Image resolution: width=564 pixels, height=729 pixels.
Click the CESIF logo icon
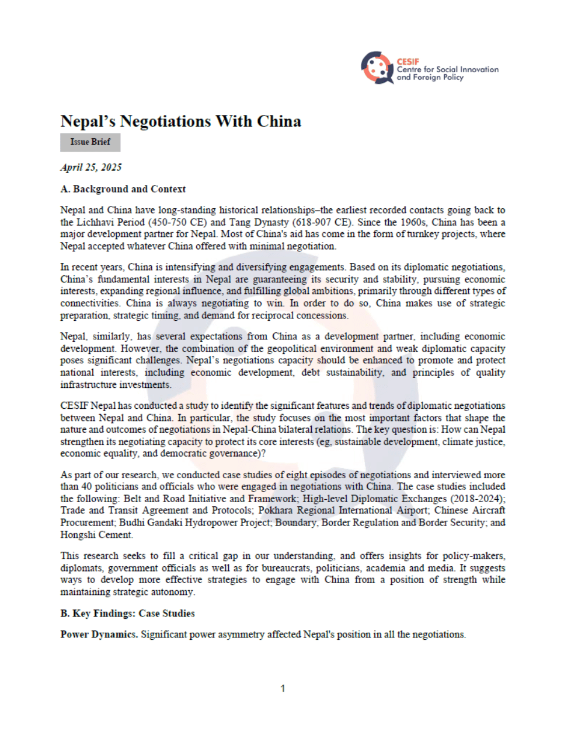coord(377,68)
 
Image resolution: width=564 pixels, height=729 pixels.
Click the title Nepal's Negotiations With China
coord(180,121)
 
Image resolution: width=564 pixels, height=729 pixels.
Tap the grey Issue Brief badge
coord(90,142)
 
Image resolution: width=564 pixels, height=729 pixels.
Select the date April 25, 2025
coord(91,167)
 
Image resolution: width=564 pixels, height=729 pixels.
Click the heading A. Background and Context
coord(123,189)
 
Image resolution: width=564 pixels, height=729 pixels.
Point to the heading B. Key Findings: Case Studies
coord(127,614)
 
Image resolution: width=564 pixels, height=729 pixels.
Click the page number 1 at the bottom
coord(283,688)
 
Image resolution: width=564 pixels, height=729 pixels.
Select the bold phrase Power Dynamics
coord(99,635)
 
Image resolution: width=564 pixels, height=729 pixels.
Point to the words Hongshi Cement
coord(96,535)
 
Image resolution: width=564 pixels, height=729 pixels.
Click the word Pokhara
coord(276,510)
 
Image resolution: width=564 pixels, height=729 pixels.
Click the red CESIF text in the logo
coord(408,61)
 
